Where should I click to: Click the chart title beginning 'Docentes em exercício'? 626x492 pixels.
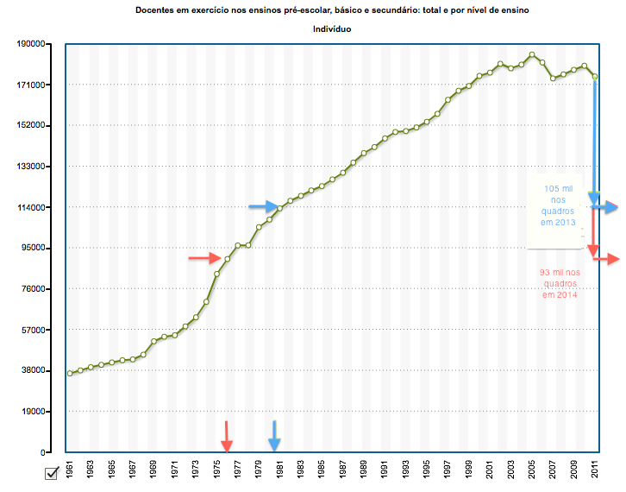pyautogui.click(x=331, y=9)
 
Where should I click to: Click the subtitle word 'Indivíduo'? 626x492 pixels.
pyautogui.click(x=331, y=29)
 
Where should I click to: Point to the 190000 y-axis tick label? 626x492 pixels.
pyautogui.click(x=31, y=44)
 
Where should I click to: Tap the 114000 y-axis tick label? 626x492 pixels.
pyautogui.click(x=31, y=208)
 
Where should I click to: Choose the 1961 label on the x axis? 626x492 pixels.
pyautogui.click(x=70, y=472)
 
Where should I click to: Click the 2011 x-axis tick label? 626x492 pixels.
pyautogui.click(x=595, y=472)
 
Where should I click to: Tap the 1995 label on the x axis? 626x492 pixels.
pyautogui.click(x=427, y=472)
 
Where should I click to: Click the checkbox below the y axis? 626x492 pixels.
pyautogui.click(x=51, y=472)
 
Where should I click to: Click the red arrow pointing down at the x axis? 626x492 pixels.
pyautogui.click(x=227, y=436)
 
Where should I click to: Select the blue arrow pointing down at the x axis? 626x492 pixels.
pyautogui.click(x=274, y=436)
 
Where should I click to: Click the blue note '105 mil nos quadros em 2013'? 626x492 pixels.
pyautogui.click(x=559, y=205)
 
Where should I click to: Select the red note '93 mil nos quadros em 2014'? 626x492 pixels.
pyautogui.click(x=560, y=283)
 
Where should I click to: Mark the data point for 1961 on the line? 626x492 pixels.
pyautogui.click(x=70, y=373)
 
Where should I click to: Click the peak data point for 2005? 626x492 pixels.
pyautogui.click(x=532, y=55)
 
